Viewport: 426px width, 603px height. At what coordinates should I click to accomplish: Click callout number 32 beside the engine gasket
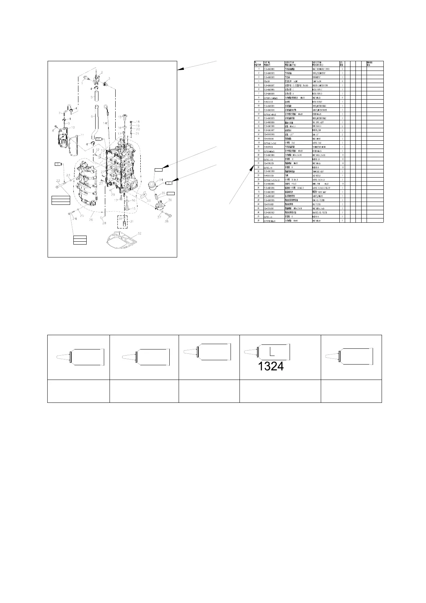(139, 233)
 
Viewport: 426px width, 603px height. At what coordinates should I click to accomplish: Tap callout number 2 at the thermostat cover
(101, 72)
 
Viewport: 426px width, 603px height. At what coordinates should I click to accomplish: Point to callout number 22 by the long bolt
(58, 181)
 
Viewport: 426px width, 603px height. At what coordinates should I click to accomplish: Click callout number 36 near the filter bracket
(170, 200)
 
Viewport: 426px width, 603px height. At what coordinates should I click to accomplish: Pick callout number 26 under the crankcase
(91, 220)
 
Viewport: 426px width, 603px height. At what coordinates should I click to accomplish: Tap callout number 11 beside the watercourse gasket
(82, 135)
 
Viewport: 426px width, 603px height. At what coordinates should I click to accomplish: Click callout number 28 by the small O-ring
(104, 223)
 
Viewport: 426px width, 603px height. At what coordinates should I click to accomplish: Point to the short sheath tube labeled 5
(96, 97)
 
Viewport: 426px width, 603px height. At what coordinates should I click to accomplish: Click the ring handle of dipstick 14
(106, 106)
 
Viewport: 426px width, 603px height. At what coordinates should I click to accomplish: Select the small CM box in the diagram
(99, 139)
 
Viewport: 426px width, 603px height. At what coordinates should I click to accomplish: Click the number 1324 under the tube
(271, 366)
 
